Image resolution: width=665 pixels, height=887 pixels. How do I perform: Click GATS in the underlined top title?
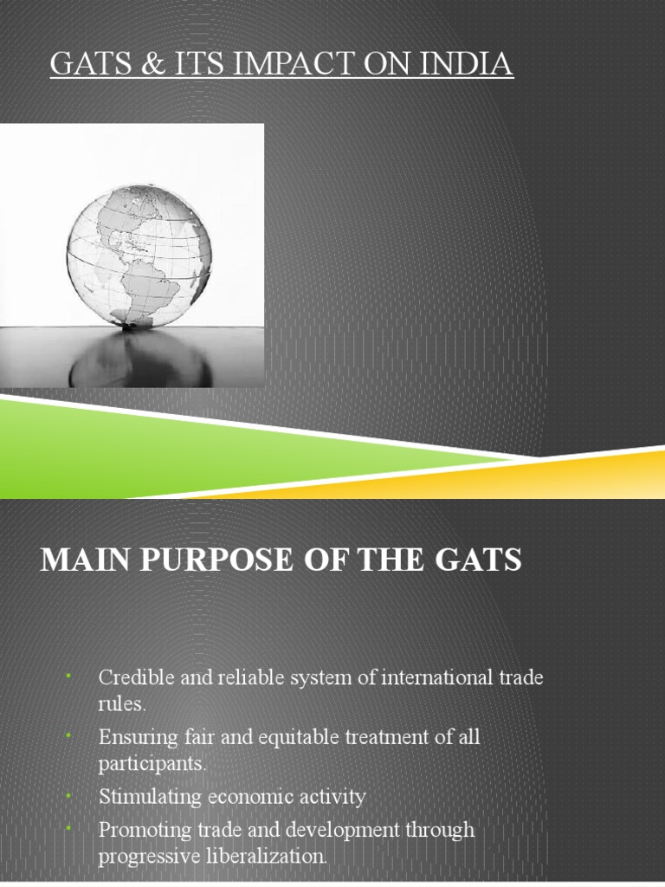(x=90, y=65)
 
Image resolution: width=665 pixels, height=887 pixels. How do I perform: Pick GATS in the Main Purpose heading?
(x=478, y=560)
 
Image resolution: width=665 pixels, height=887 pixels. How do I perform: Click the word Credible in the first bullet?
(x=131, y=677)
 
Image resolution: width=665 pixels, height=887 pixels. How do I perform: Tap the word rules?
(x=121, y=703)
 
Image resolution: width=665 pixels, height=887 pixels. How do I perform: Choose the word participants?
(x=152, y=764)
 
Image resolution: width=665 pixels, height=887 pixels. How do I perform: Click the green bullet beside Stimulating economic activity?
(x=68, y=795)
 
